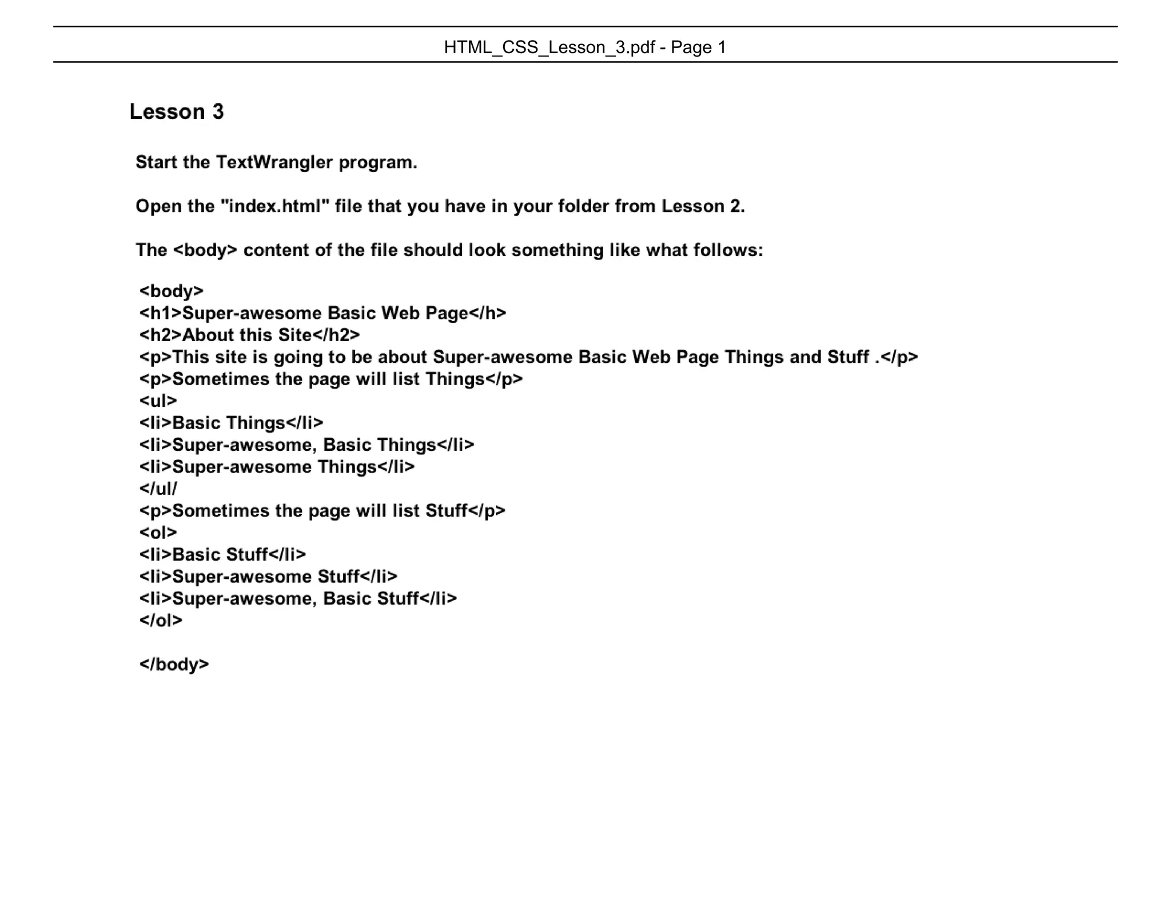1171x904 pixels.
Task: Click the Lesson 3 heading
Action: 177,111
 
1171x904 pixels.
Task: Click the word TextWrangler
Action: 274,162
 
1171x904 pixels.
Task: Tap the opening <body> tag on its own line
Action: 171,291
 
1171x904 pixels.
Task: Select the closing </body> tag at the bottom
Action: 174,664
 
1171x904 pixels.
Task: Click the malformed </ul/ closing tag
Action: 158,489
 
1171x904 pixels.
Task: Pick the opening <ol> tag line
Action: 158,533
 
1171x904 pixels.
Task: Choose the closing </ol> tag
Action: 161,621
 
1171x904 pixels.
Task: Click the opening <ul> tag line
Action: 158,401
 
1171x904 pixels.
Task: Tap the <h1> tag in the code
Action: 160,313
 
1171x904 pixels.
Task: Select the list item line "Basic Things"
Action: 231,423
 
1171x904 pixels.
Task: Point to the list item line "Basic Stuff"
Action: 222,554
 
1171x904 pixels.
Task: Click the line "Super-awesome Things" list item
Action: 277,467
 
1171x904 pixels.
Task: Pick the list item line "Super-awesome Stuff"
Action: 268,577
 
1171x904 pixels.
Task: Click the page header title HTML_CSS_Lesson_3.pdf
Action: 549,47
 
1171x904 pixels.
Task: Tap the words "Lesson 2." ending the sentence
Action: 703,206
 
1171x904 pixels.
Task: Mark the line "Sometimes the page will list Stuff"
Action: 322,511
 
